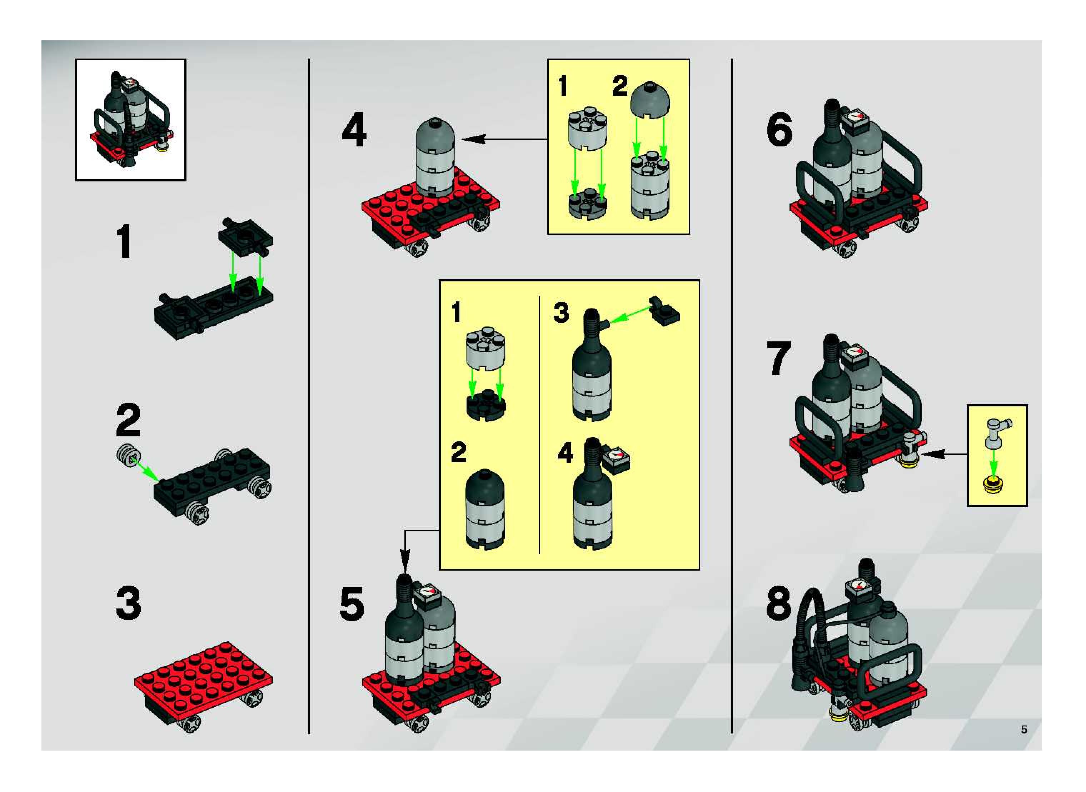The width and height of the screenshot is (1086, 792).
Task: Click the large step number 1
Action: pyautogui.click(x=125, y=242)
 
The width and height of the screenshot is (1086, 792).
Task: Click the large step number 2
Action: pyautogui.click(x=128, y=420)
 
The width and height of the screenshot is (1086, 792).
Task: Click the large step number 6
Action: pyautogui.click(x=779, y=130)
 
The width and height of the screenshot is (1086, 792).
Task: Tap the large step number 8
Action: pyautogui.click(x=778, y=603)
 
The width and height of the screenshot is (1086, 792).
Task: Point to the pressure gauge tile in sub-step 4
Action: pyautogui.click(x=616, y=459)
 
